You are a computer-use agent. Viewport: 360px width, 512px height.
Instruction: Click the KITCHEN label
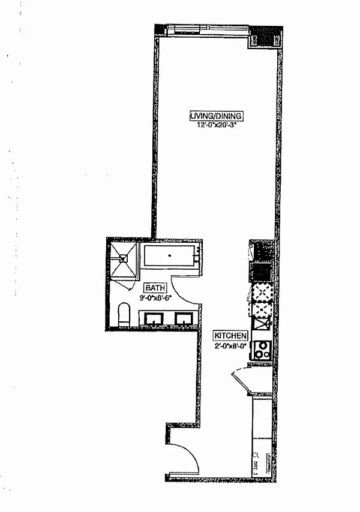(230, 337)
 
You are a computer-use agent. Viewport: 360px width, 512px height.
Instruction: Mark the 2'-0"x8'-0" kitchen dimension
(230, 346)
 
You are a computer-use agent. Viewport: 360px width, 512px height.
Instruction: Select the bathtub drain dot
(169, 256)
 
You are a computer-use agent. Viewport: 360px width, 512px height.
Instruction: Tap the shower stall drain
(123, 258)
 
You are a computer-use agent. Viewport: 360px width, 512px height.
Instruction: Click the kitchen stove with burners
(262, 350)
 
